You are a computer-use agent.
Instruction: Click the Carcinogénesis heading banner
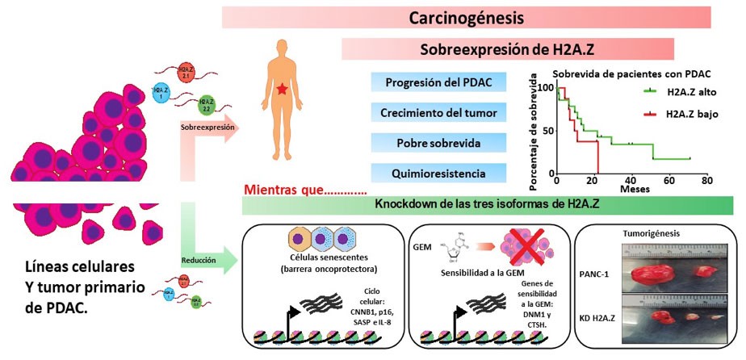coord(466,17)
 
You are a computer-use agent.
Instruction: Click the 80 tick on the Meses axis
coord(706,182)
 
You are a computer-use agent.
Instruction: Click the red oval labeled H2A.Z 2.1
coord(186,72)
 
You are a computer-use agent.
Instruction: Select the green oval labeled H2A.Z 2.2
coord(207,103)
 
